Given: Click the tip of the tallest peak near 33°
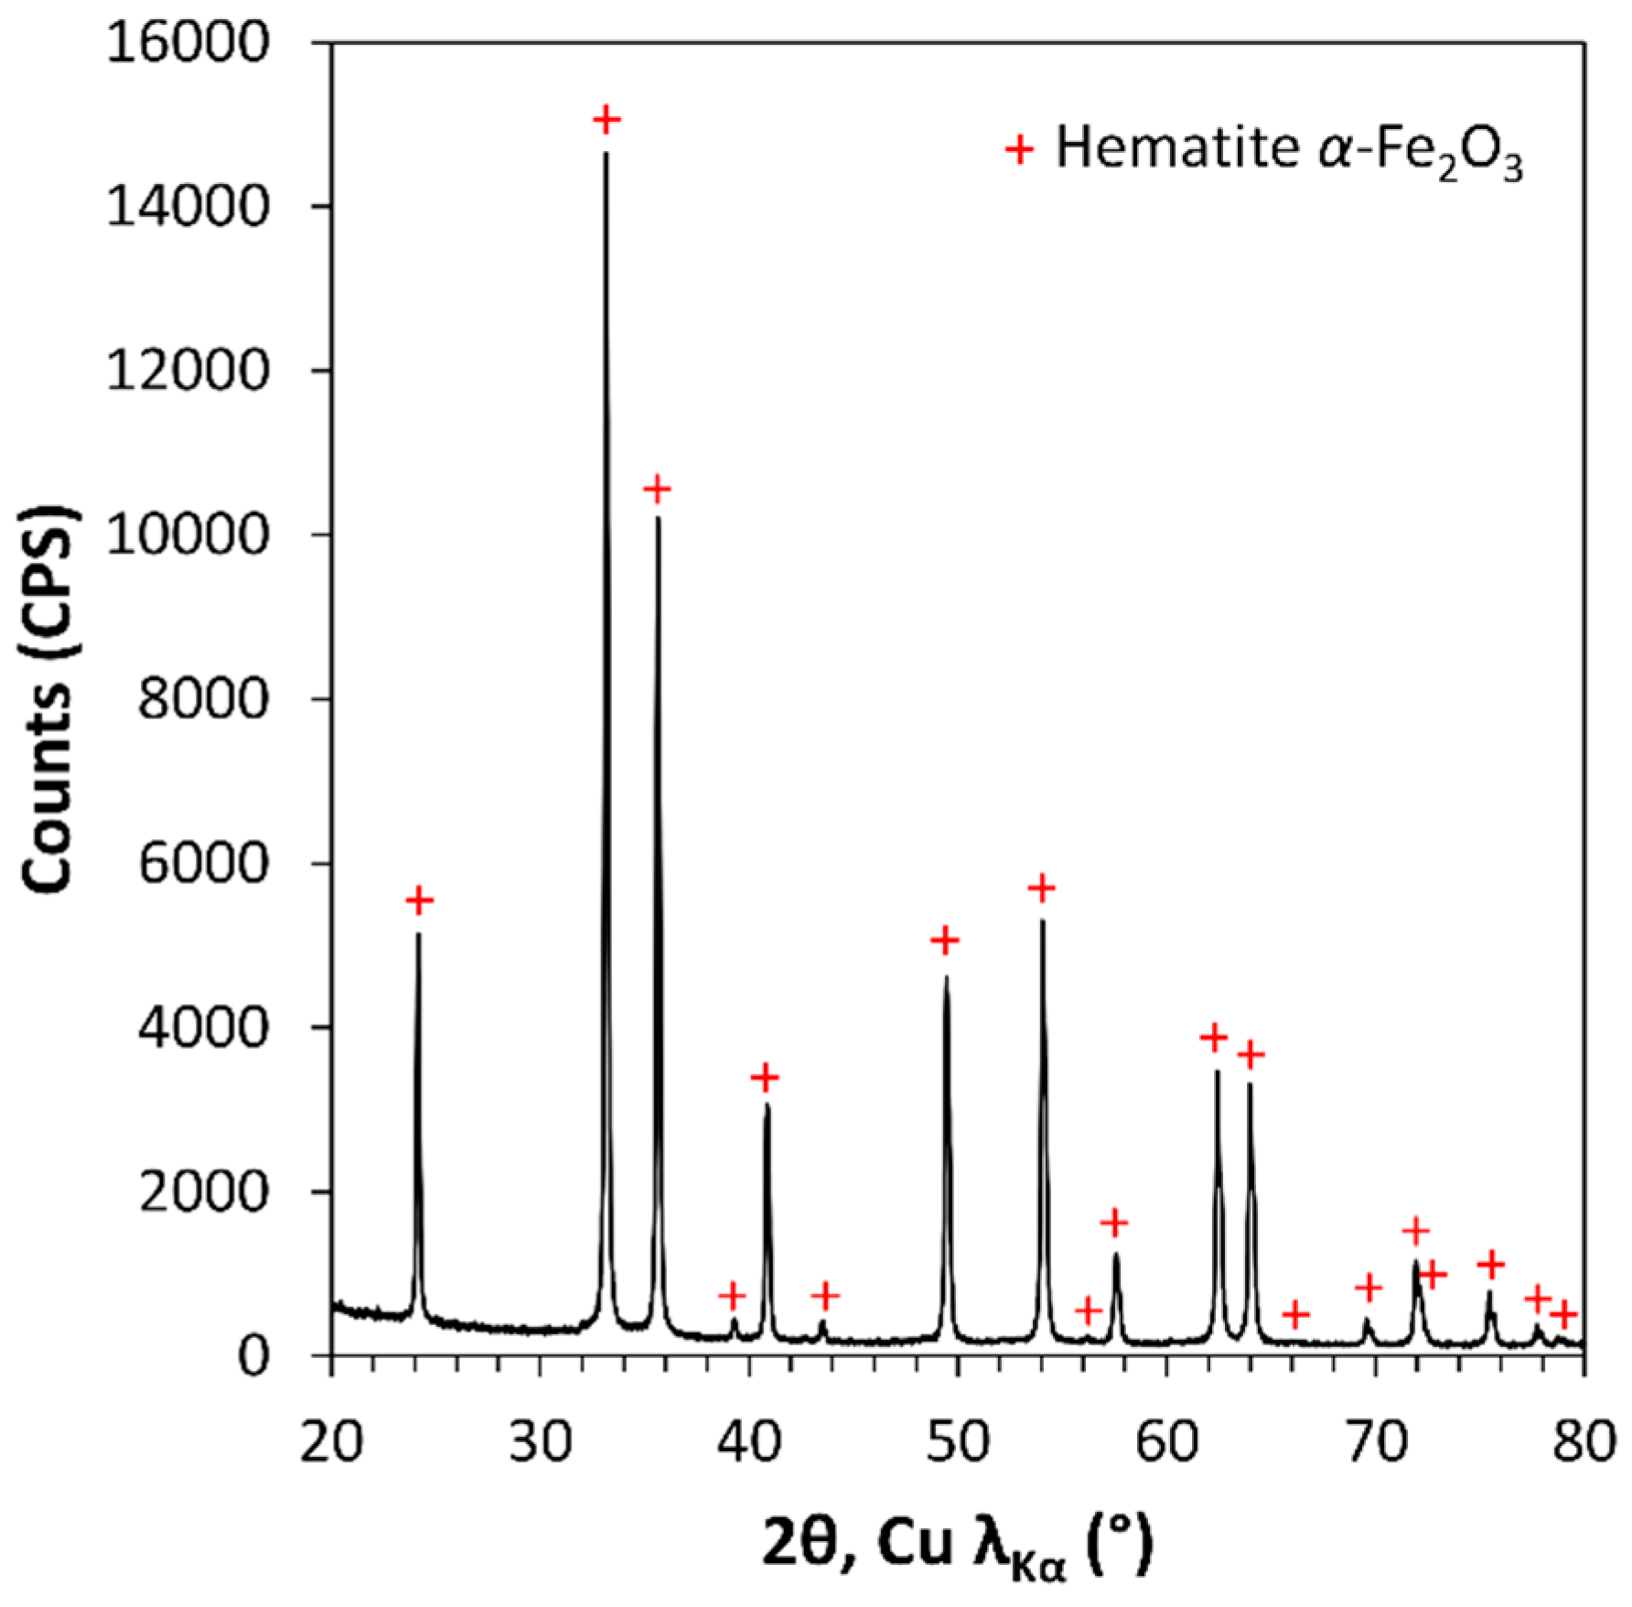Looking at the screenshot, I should tap(606, 154).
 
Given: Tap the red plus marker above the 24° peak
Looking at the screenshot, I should tap(419, 901).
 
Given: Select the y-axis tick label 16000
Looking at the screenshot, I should tap(188, 43).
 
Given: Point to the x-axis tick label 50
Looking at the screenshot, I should tap(957, 1441).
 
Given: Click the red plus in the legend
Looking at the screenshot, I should tap(1019, 148).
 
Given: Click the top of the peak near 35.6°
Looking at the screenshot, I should tap(658, 519).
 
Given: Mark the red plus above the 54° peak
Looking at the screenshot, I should tap(1041, 888).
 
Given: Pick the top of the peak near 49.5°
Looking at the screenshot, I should tap(947, 977).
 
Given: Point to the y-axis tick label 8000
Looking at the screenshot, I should tap(203, 699).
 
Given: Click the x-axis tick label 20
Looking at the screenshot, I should tap(331, 1441).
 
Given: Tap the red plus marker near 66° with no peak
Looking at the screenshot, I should tap(1295, 1315).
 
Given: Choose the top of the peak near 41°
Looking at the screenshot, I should tap(768, 1106).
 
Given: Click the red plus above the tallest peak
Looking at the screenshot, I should tap(606, 119).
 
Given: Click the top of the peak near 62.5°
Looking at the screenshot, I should tap(1218, 1072).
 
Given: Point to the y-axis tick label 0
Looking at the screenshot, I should tap(253, 1356).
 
